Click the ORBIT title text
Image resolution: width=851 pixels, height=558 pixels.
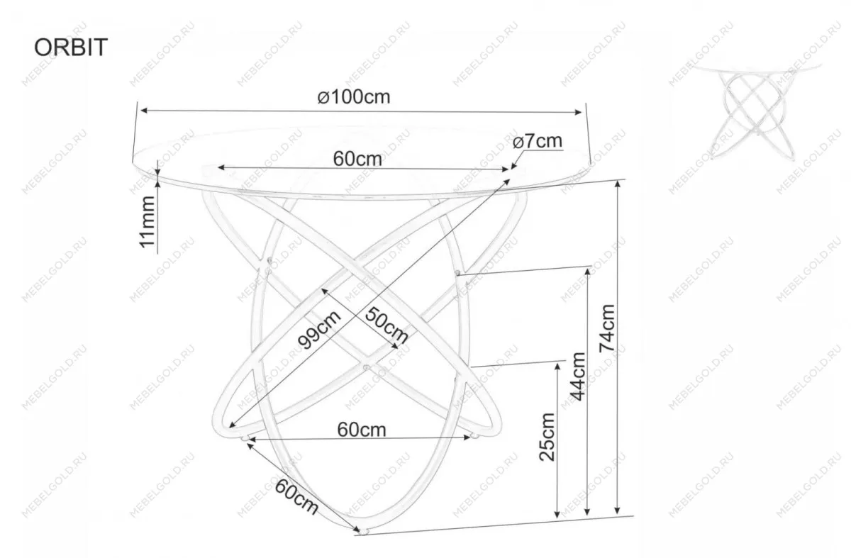click(71, 48)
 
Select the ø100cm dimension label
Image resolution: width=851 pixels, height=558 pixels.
click(354, 97)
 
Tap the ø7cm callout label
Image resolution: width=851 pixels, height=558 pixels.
click(538, 142)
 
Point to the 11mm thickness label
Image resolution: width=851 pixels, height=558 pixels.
click(148, 222)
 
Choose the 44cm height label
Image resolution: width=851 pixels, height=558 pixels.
click(578, 376)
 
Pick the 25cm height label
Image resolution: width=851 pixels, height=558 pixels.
click(547, 437)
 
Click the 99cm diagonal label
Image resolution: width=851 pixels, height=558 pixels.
click(319, 329)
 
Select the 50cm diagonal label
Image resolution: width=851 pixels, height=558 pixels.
click(386, 326)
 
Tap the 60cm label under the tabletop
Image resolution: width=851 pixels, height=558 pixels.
click(357, 159)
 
